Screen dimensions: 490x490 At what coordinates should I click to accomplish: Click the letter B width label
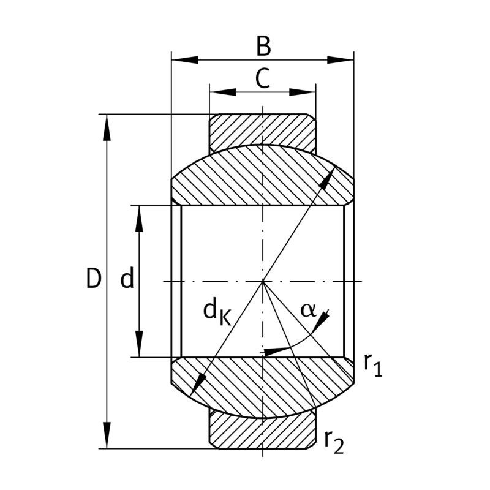click(x=263, y=47)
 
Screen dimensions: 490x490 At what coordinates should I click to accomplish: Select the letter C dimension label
click(x=263, y=78)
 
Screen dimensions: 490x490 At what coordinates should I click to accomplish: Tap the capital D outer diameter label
click(x=94, y=278)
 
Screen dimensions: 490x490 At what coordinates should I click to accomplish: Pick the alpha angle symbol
click(x=308, y=311)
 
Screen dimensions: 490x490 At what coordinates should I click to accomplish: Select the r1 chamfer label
click(x=373, y=365)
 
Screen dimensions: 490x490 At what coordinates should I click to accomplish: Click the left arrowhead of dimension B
click(x=185, y=60)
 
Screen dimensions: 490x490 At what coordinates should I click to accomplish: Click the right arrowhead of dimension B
click(x=341, y=60)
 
